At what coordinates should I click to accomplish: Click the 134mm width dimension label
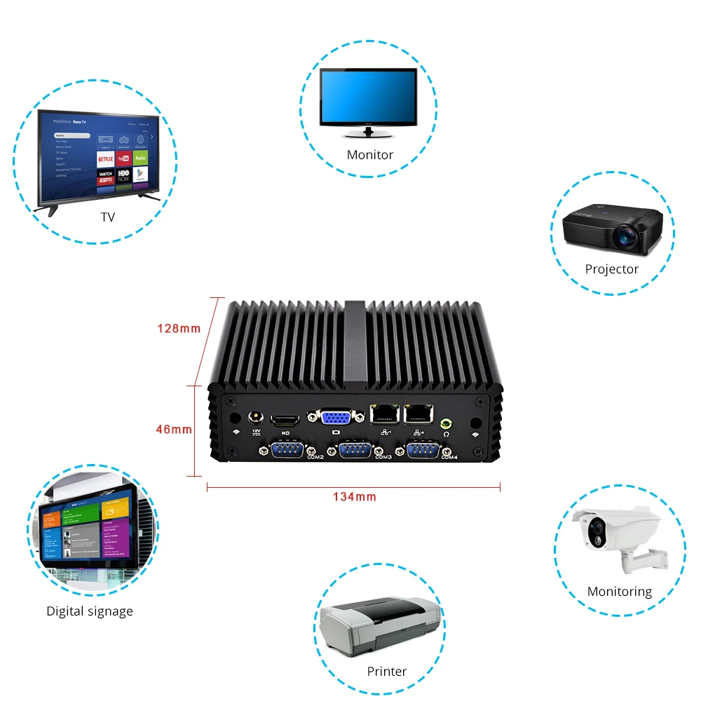pyautogui.click(x=354, y=497)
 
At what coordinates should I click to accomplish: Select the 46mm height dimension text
pyautogui.click(x=173, y=429)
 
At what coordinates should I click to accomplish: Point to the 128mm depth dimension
pyautogui.click(x=179, y=328)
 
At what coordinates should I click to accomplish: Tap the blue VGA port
pyautogui.click(x=336, y=418)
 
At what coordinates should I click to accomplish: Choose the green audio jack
pyautogui.click(x=445, y=423)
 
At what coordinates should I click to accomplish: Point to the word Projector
pyautogui.click(x=611, y=269)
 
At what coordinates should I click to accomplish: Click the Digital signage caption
pyautogui.click(x=89, y=611)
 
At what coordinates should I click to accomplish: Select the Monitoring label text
pyautogui.click(x=619, y=592)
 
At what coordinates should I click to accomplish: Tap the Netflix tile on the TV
pyautogui.click(x=105, y=158)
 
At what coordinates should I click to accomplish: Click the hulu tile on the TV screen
pyautogui.click(x=141, y=158)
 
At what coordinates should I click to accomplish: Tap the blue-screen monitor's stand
pyautogui.click(x=368, y=131)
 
